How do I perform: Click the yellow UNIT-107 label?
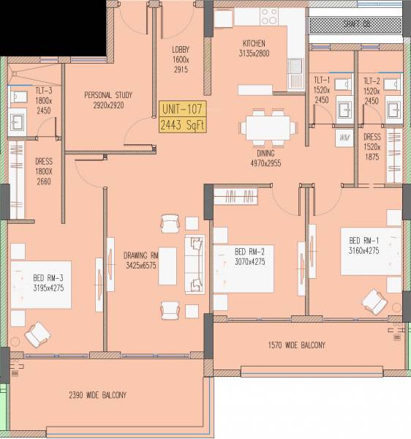(x=182, y=110)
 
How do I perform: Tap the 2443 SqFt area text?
(x=182, y=124)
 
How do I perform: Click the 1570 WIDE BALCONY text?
(x=296, y=345)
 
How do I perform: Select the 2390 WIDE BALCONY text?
(x=97, y=395)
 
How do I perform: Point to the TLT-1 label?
(x=323, y=81)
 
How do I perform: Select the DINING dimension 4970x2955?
(x=265, y=163)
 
